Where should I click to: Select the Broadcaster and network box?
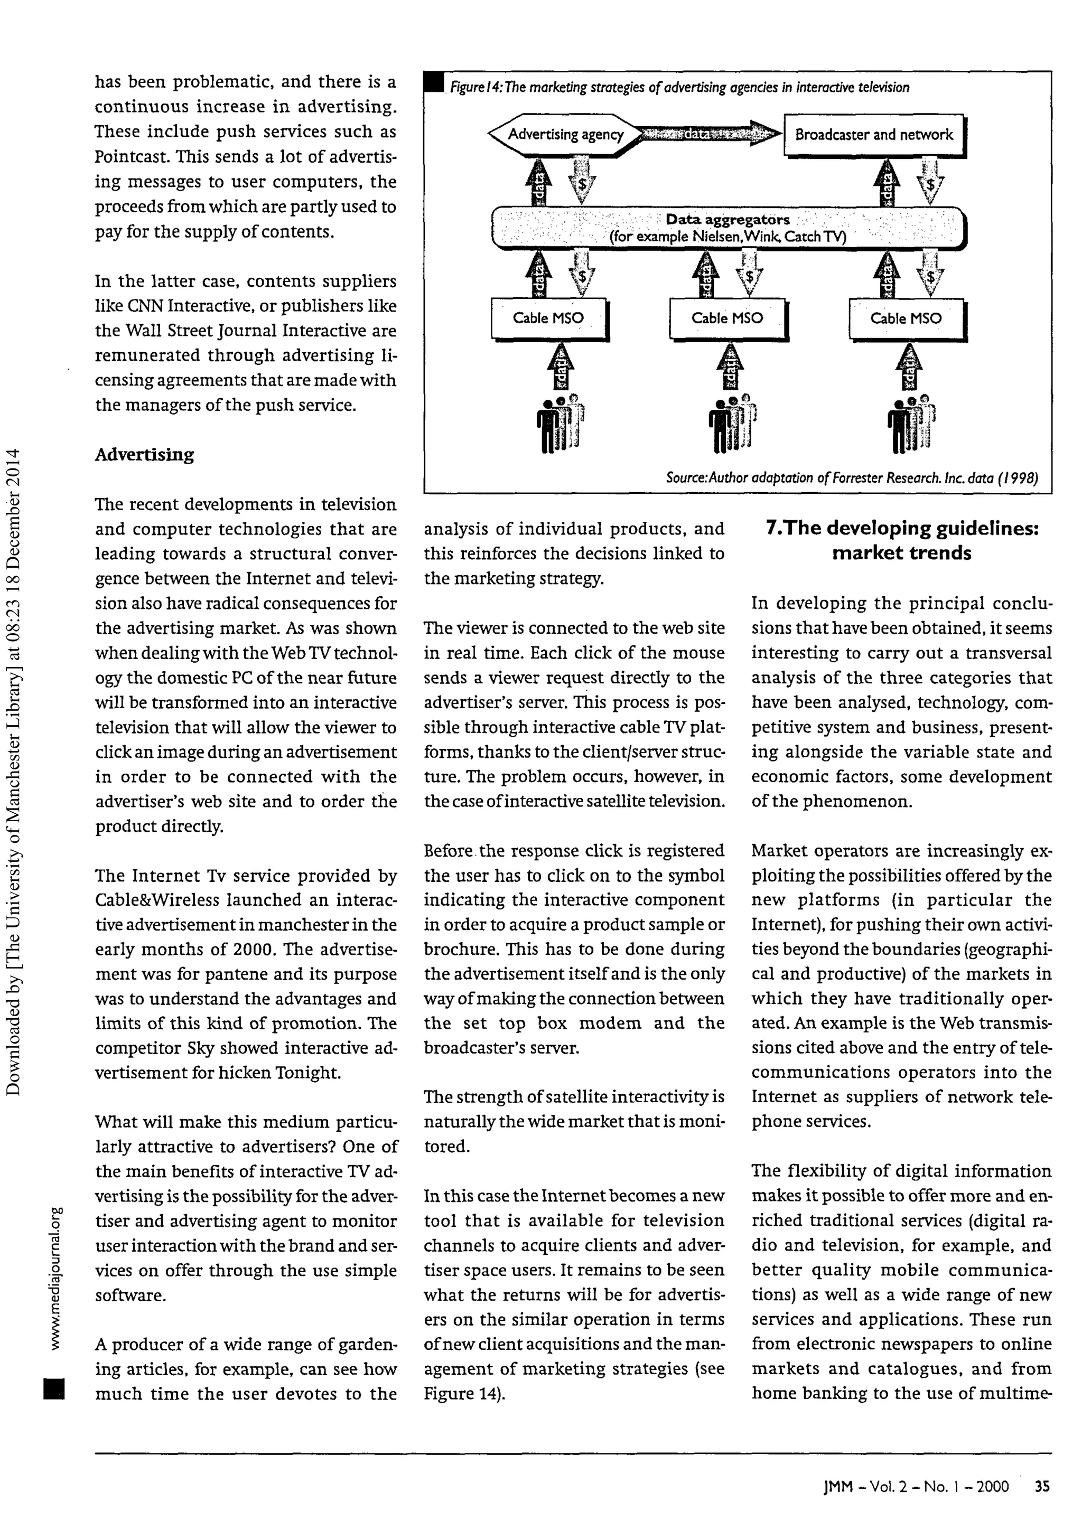coord(873,135)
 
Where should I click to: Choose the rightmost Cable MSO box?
coord(906,318)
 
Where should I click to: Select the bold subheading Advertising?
coord(144,455)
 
